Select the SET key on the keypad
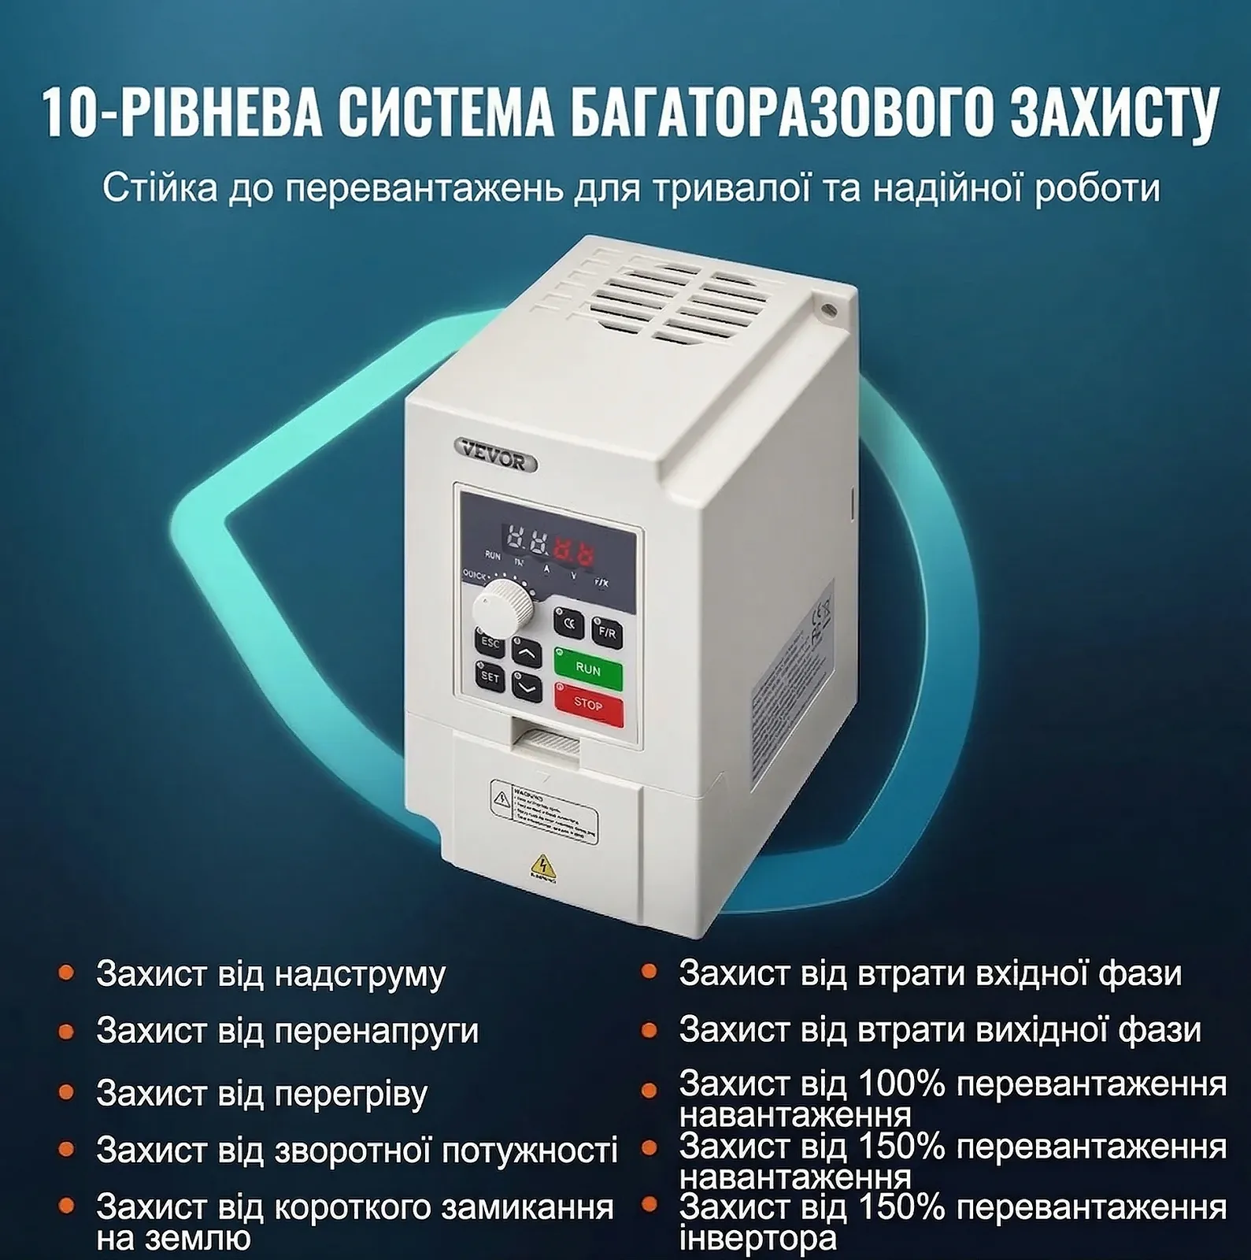pyautogui.click(x=490, y=677)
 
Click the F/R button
pyautogui.click(x=606, y=632)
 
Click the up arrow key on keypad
pyautogui.click(x=527, y=652)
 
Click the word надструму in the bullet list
pyautogui.click(x=360, y=974)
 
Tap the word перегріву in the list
pyautogui.click(x=350, y=1094)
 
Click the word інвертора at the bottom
pyautogui.click(x=757, y=1239)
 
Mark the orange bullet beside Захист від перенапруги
pyautogui.click(x=66, y=1031)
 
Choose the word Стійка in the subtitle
pyautogui.click(x=160, y=189)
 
